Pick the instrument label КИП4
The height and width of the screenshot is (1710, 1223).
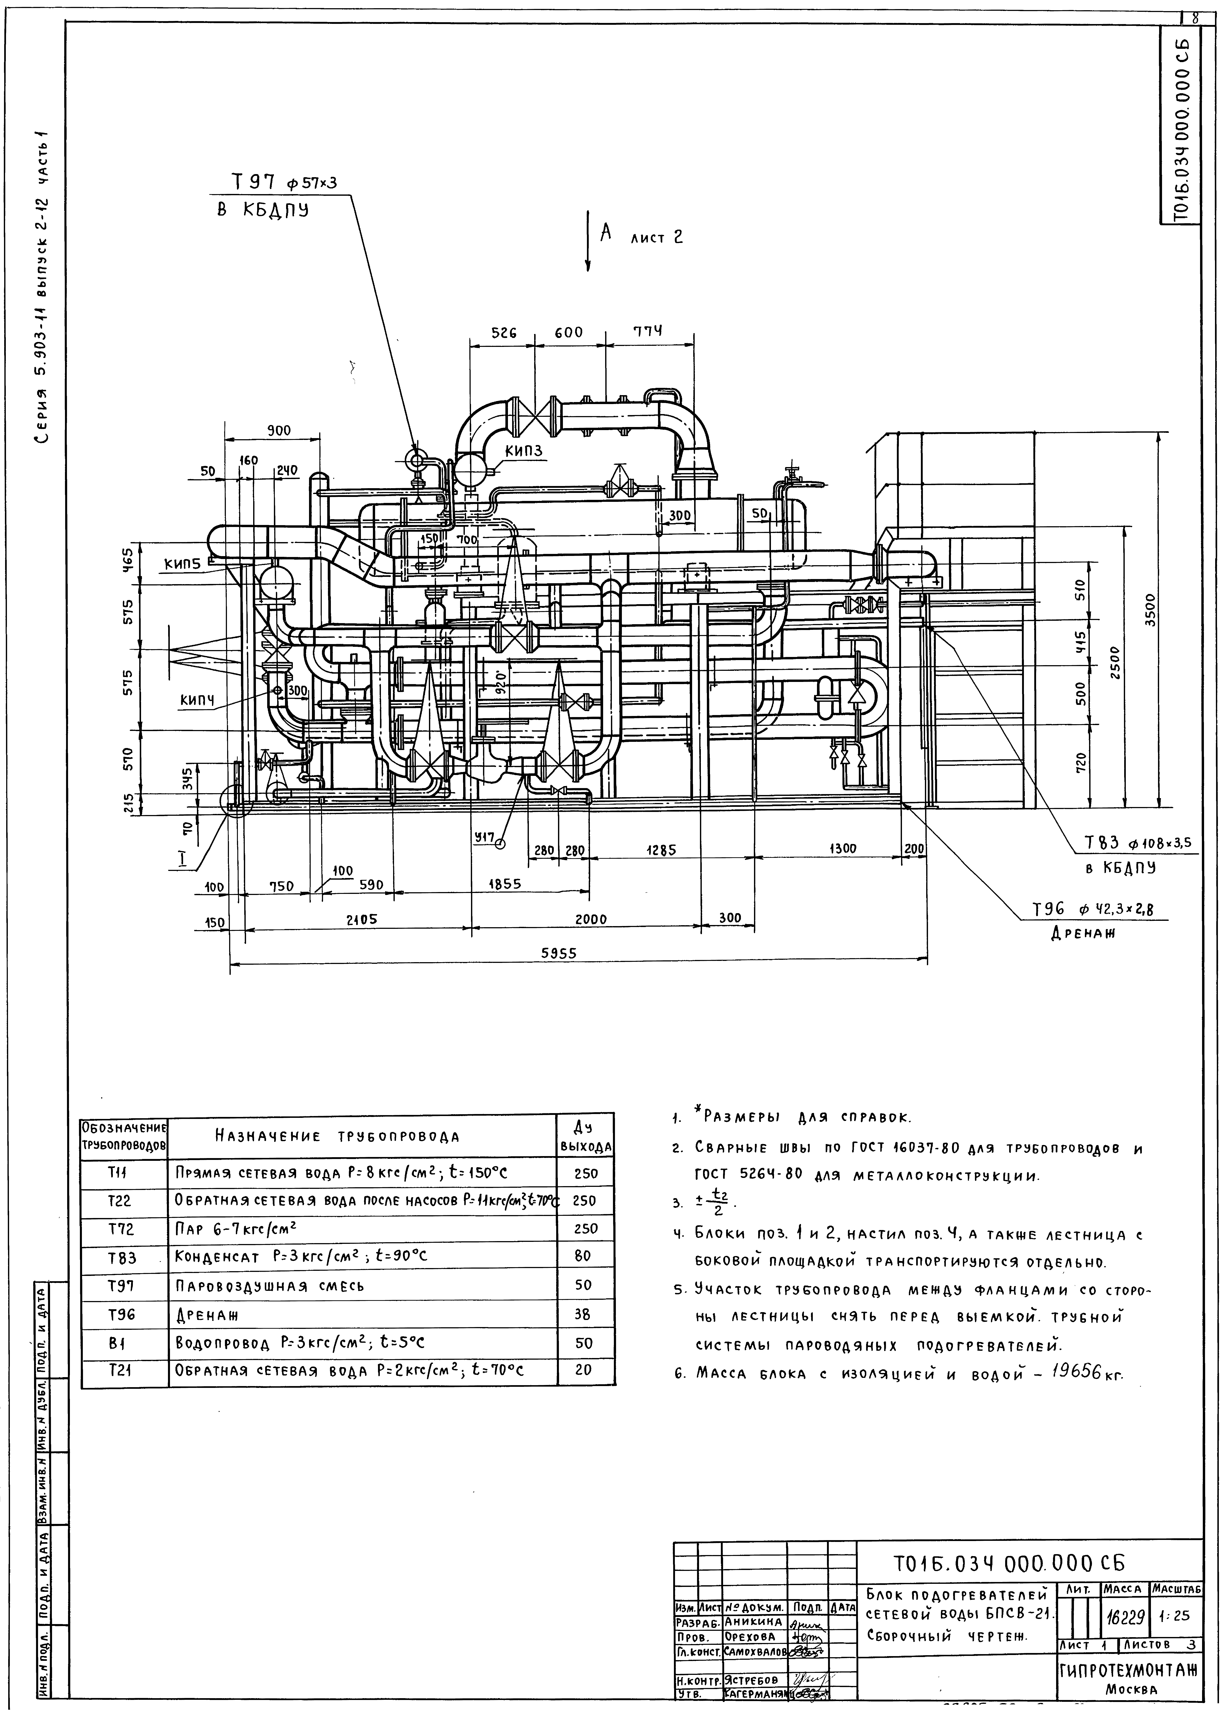pos(197,700)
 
